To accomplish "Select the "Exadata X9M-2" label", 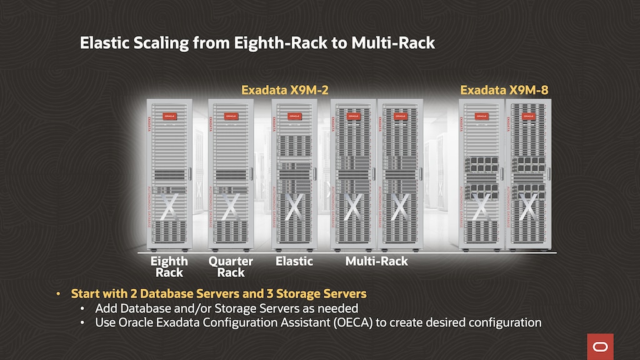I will click(285, 90).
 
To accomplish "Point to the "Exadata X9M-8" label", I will click(504, 90).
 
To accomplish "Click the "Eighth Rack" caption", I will click(169, 267).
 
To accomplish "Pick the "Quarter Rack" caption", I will click(231, 267).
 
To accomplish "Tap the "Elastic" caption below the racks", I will click(294, 261).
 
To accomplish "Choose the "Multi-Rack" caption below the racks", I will click(377, 261).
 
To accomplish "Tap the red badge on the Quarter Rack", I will click(231, 115).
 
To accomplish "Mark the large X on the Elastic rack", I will click(294, 206).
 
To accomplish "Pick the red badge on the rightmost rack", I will click(529, 116).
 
